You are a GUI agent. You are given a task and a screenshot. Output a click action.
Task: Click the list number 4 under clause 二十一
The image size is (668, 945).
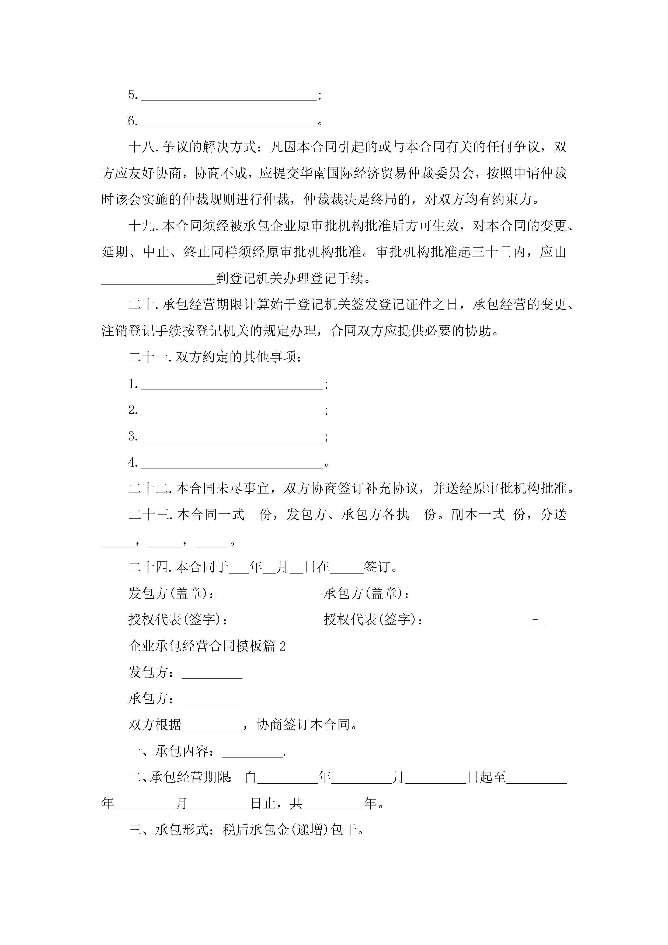[133, 463]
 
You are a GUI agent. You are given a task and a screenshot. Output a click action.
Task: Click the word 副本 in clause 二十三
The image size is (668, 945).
[464, 515]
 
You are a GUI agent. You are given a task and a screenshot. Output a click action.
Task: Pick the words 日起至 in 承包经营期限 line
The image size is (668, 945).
[486, 777]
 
